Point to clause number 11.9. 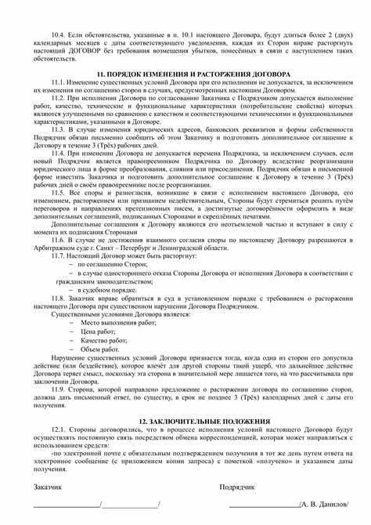click(x=60, y=389)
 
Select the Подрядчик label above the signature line click(x=240, y=487)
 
